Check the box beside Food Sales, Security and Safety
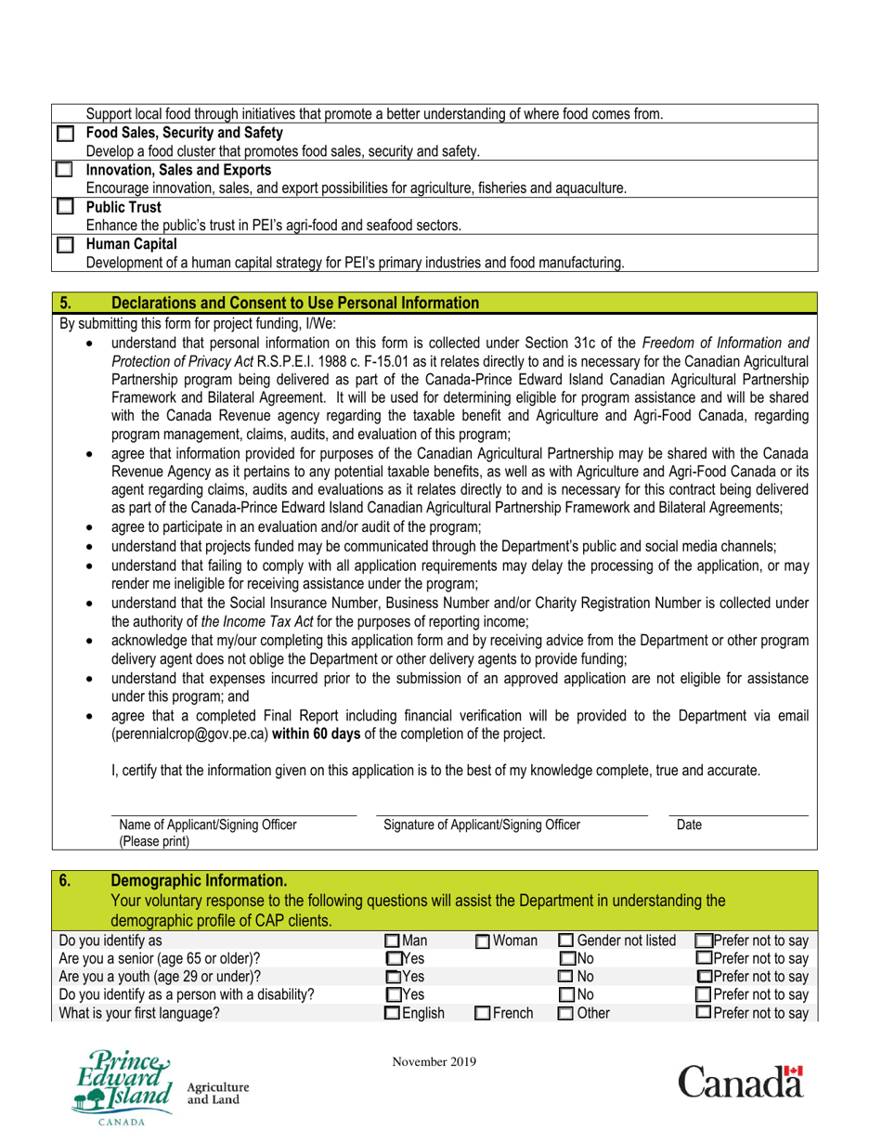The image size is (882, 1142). pos(65,134)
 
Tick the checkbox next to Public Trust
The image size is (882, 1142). pos(65,208)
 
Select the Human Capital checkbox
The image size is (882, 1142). pos(65,246)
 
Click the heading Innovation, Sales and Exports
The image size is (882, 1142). pos(178,170)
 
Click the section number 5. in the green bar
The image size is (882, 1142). pos(66,303)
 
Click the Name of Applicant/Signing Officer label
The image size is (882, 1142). pos(209,824)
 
